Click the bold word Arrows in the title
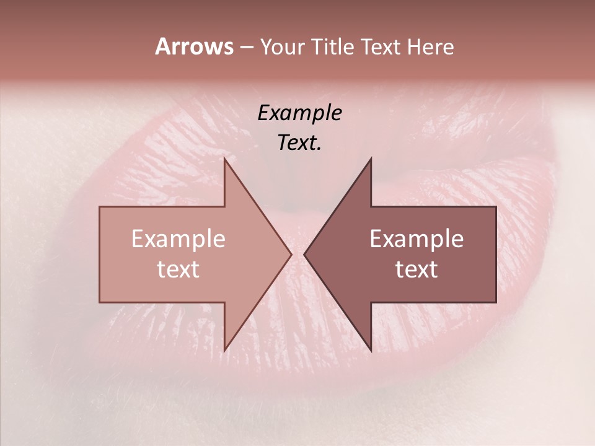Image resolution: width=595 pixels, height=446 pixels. click(194, 46)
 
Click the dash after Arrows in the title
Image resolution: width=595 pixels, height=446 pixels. click(245, 48)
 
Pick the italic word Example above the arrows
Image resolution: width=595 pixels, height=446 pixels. click(300, 113)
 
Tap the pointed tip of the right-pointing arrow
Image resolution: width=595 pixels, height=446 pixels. click(291, 254)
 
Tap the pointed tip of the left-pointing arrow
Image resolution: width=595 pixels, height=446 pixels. click(304, 254)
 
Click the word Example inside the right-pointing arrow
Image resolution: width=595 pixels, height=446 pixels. click(178, 239)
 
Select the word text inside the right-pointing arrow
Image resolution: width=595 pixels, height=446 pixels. click(178, 269)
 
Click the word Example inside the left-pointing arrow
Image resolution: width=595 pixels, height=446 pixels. click(416, 239)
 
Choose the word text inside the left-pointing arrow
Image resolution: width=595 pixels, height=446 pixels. click(416, 269)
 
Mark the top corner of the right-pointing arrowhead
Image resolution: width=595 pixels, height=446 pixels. click(224, 159)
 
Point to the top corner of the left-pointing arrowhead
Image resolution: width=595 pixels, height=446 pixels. click(371, 159)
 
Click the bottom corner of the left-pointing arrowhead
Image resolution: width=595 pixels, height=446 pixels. click(371, 351)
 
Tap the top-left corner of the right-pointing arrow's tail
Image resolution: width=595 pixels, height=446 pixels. click(100, 207)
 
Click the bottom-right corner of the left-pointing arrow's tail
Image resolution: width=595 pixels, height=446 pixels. click(496, 302)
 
